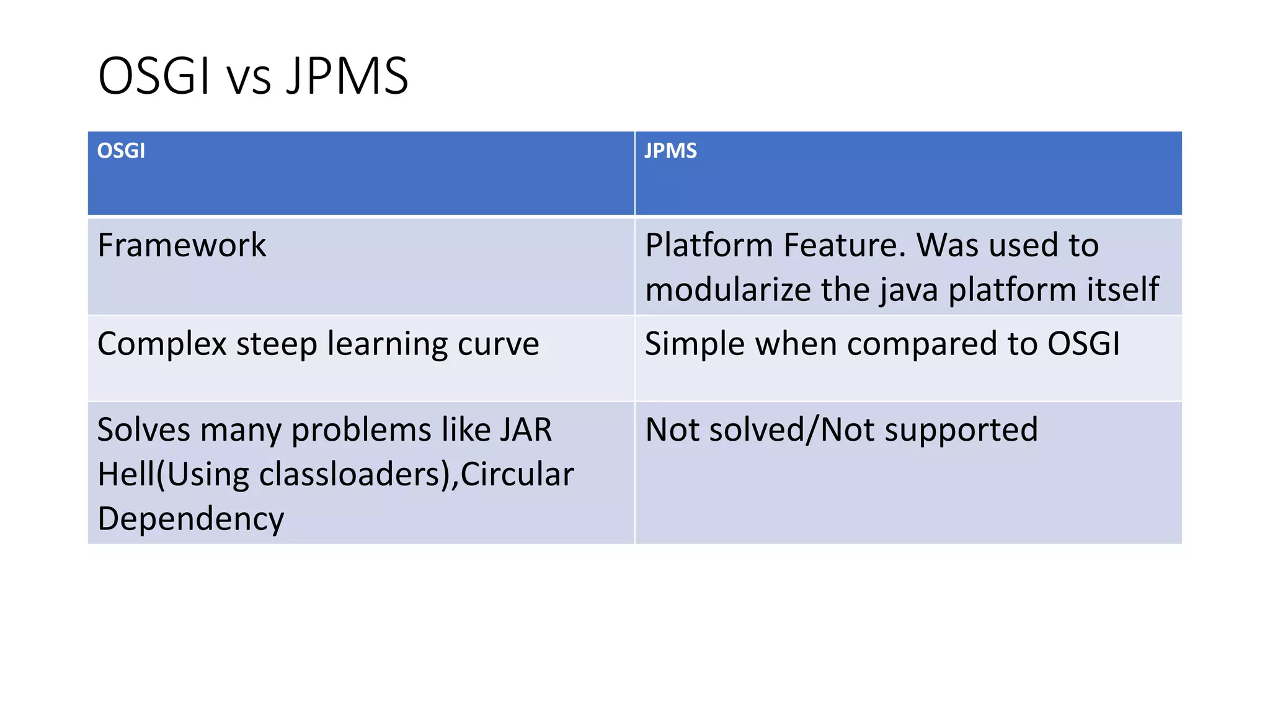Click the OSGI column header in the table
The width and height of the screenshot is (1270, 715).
pyautogui.click(x=121, y=151)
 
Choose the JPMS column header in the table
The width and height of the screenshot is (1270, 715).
pyautogui.click(x=670, y=151)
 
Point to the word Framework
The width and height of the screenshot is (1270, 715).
pyautogui.click(x=182, y=245)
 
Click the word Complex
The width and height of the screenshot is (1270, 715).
pyautogui.click(x=162, y=344)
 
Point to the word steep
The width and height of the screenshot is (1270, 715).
pyautogui.click(x=277, y=344)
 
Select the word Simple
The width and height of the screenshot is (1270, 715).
pyautogui.click(x=695, y=344)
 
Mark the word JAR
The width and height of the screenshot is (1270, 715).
pyautogui.click(x=526, y=430)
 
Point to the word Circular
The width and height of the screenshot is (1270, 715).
pyautogui.click(x=517, y=475)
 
